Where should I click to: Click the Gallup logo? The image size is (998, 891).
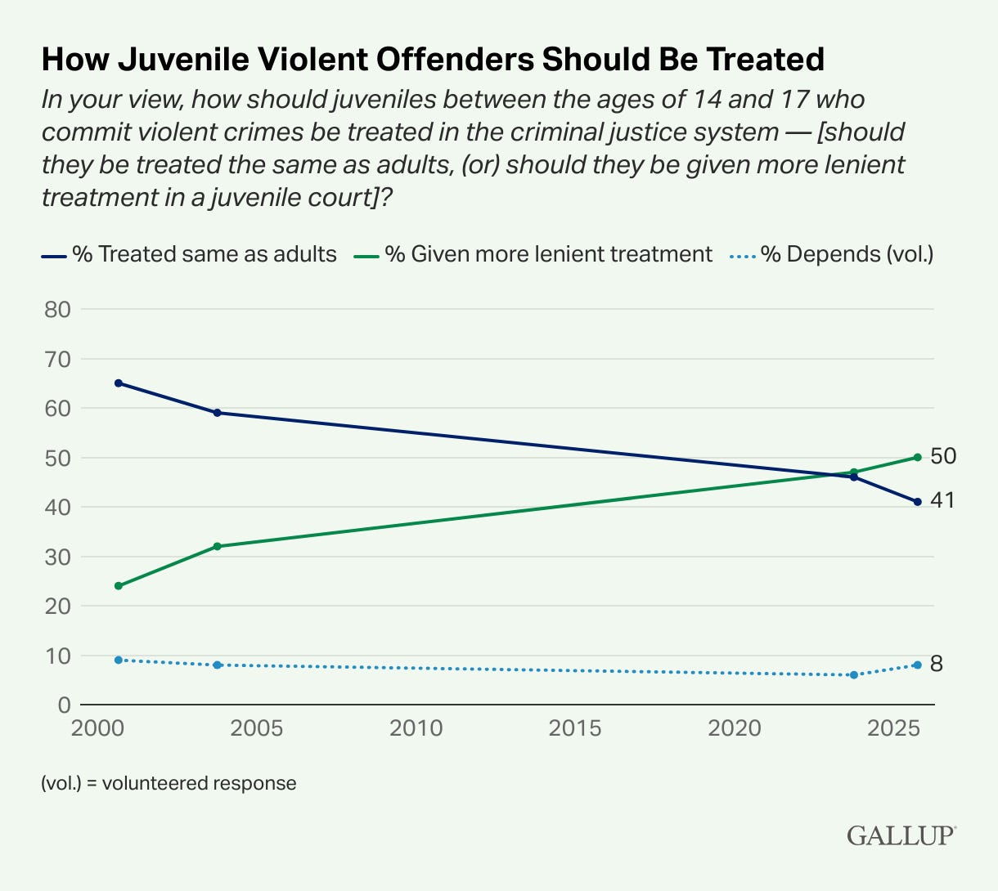click(901, 835)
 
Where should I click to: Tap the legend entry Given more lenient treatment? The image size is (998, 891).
click(533, 254)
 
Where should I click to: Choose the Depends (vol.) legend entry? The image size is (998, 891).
click(833, 254)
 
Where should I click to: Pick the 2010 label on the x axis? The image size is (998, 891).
click(416, 728)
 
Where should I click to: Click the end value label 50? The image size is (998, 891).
click(943, 456)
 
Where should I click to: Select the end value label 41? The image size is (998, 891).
click(942, 500)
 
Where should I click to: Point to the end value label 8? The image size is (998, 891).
click(937, 664)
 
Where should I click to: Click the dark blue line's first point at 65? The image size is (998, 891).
click(119, 383)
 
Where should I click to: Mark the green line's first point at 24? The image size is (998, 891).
click(119, 586)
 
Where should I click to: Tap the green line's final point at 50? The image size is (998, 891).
click(918, 457)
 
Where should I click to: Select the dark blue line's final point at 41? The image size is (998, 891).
click(918, 502)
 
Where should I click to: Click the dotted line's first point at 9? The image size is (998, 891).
click(119, 660)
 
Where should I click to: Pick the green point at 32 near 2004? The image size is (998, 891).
click(218, 546)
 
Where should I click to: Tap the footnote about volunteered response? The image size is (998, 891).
click(169, 783)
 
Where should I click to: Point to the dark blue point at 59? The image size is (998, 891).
click(218, 413)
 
